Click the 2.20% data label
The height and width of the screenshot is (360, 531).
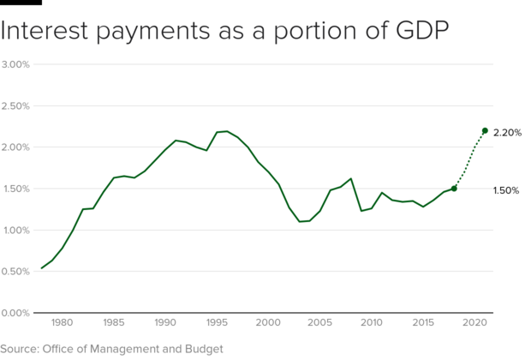(x=508, y=133)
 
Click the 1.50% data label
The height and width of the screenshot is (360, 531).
(x=506, y=190)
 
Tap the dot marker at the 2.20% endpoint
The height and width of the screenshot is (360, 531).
(x=485, y=130)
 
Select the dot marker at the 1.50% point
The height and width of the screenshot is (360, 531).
(x=454, y=189)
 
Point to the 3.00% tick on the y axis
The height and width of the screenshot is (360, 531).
(x=16, y=64)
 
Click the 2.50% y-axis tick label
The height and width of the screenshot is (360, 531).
(x=16, y=106)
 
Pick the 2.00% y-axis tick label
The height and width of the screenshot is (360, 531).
(x=16, y=147)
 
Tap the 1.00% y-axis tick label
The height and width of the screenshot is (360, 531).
(x=16, y=231)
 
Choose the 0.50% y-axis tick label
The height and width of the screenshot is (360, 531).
(x=16, y=272)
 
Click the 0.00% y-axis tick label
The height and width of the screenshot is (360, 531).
(x=16, y=313)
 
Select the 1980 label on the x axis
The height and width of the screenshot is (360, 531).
(x=62, y=323)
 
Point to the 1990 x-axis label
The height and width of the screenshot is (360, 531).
(x=165, y=323)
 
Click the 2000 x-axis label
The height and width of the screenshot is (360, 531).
(x=268, y=323)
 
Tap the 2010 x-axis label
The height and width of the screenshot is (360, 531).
(x=372, y=323)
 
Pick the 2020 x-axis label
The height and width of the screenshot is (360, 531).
(x=474, y=323)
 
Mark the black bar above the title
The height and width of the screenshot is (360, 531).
(x=21, y=3)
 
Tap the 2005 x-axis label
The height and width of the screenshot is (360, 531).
(x=320, y=323)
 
